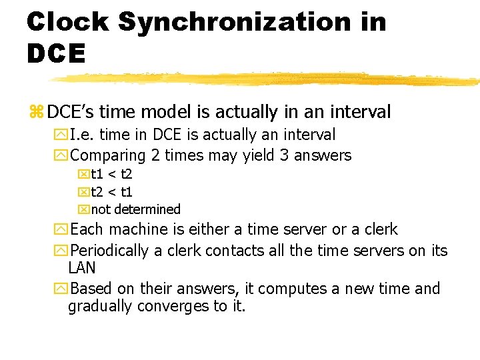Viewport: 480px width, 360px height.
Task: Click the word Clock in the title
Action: [67, 22]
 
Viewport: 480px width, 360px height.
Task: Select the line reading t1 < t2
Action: [111, 175]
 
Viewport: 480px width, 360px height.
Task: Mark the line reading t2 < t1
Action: [111, 192]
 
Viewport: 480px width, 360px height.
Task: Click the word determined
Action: [147, 209]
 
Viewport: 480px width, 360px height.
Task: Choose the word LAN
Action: [82, 268]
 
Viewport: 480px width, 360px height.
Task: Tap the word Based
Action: [91, 289]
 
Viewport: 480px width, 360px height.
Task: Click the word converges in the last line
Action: [173, 307]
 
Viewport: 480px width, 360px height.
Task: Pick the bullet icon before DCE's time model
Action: [36, 113]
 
